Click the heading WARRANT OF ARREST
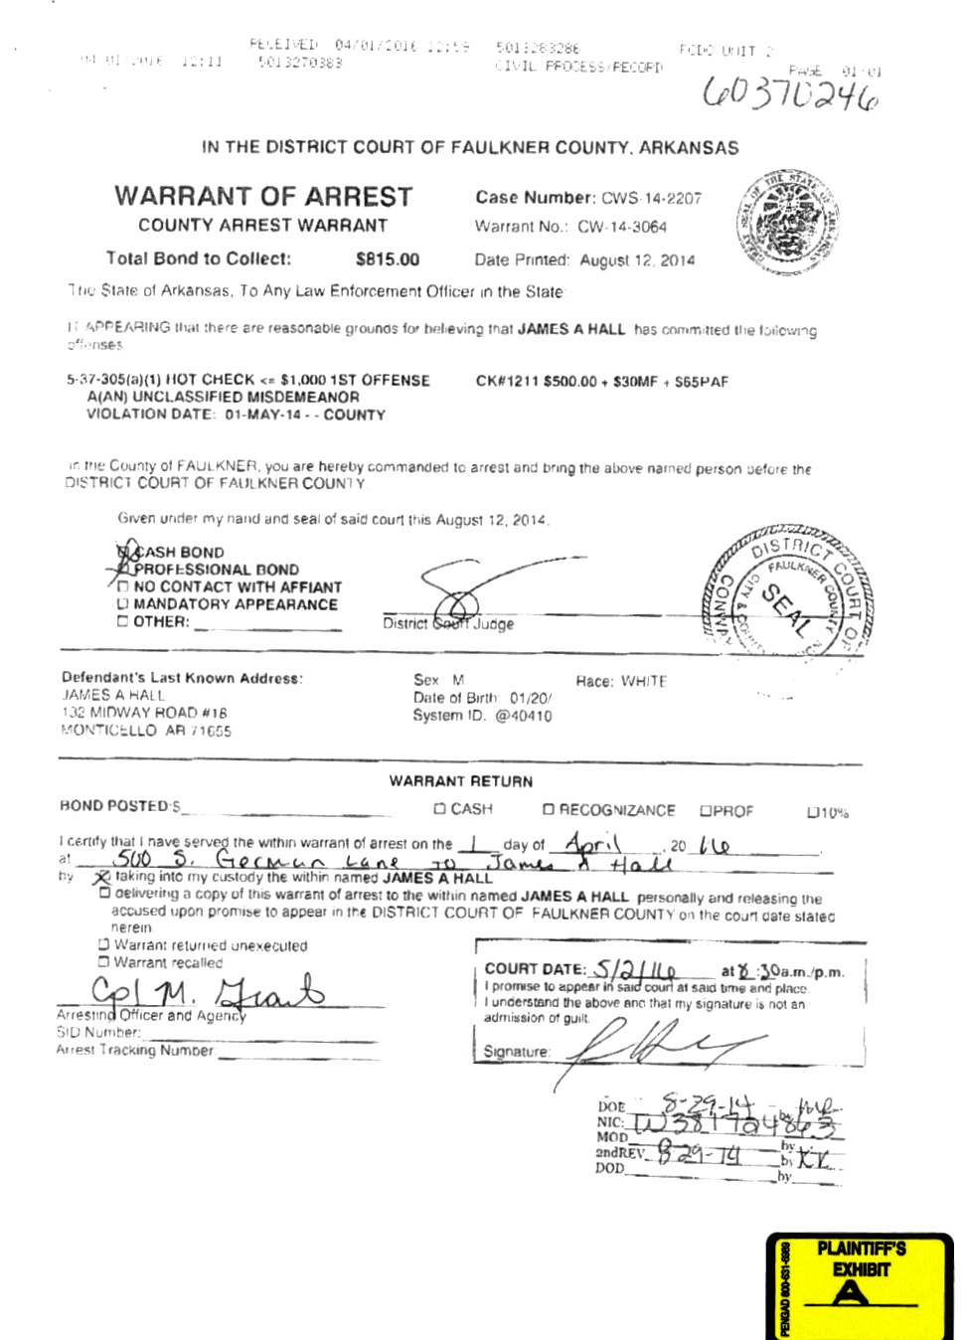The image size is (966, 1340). (263, 196)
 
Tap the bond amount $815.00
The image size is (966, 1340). (388, 259)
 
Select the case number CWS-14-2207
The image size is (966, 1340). (651, 198)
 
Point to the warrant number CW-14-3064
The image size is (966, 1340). (622, 227)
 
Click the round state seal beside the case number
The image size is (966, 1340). (790, 225)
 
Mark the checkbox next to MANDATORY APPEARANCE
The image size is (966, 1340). (123, 604)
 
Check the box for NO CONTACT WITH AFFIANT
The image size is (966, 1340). (123, 587)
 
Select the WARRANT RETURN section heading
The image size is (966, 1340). (461, 781)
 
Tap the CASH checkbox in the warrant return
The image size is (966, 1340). (439, 809)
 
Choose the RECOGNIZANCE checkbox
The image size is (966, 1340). (548, 810)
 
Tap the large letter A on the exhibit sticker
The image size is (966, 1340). (850, 1292)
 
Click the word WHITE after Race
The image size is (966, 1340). (644, 681)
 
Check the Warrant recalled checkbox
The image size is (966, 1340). (103, 962)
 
